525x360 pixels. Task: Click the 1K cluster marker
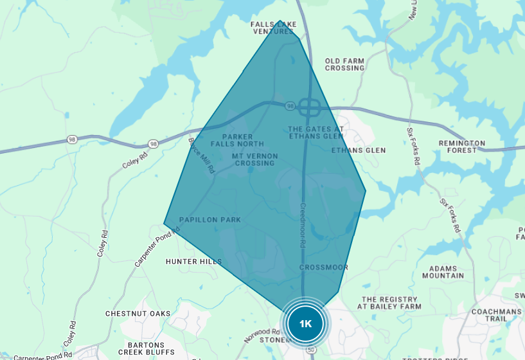click(x=305, y=323)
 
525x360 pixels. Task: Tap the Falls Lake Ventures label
click(x=274, y=28)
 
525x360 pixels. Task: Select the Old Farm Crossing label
click(x=344, y=64)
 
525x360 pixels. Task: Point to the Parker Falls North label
click(x=242, y=140)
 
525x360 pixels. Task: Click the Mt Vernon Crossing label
click(x=254, y=159)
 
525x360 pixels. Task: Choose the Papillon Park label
click(x=209, y=220)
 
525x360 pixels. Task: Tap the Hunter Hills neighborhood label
click(x=193, y=262)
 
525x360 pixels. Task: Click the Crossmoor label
click(x=324, y=267)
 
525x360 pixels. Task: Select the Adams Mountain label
click(x=443, y=272)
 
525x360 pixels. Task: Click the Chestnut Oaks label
click(x=138, y=314)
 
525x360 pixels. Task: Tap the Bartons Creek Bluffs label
click(x=146, y=348)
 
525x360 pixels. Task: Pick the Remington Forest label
click(x=462, y=147)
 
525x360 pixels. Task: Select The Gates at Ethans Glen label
click(x=316, y=132)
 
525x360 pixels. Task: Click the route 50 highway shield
click(x=311, y=349)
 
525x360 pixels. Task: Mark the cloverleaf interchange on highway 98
click(x=309, y=106)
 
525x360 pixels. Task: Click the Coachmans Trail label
click(x=496, y=315)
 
